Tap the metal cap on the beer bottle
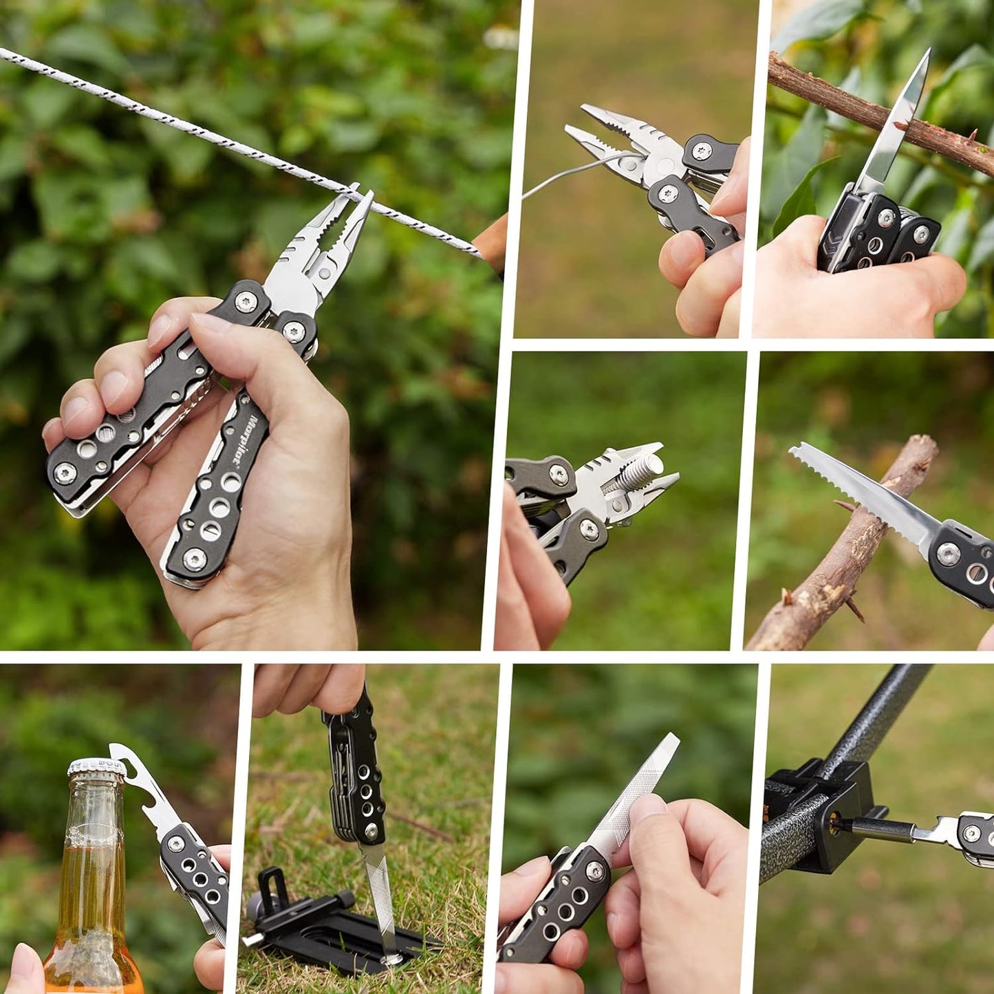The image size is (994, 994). (x=96, y=768)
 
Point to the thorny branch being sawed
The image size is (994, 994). (x=839, y=564)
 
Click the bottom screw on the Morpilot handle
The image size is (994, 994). (x=195, y=559)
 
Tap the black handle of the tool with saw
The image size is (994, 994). (x=963, y=564)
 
